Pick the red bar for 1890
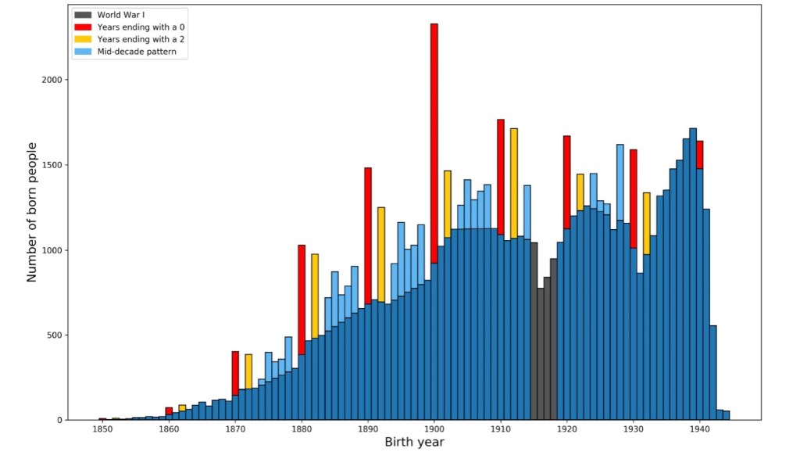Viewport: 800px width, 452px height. [x=368, y=235]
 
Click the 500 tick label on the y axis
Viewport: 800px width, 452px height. [x=55, y=335]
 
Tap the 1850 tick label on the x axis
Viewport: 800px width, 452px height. [x=102, y=430]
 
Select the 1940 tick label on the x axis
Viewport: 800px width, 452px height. [x=700, y=430]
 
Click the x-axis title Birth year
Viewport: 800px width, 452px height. [x=414, y=443]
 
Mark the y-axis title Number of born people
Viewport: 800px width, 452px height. [x=32, y=212]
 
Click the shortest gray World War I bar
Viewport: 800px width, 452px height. [x=541, y=353]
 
